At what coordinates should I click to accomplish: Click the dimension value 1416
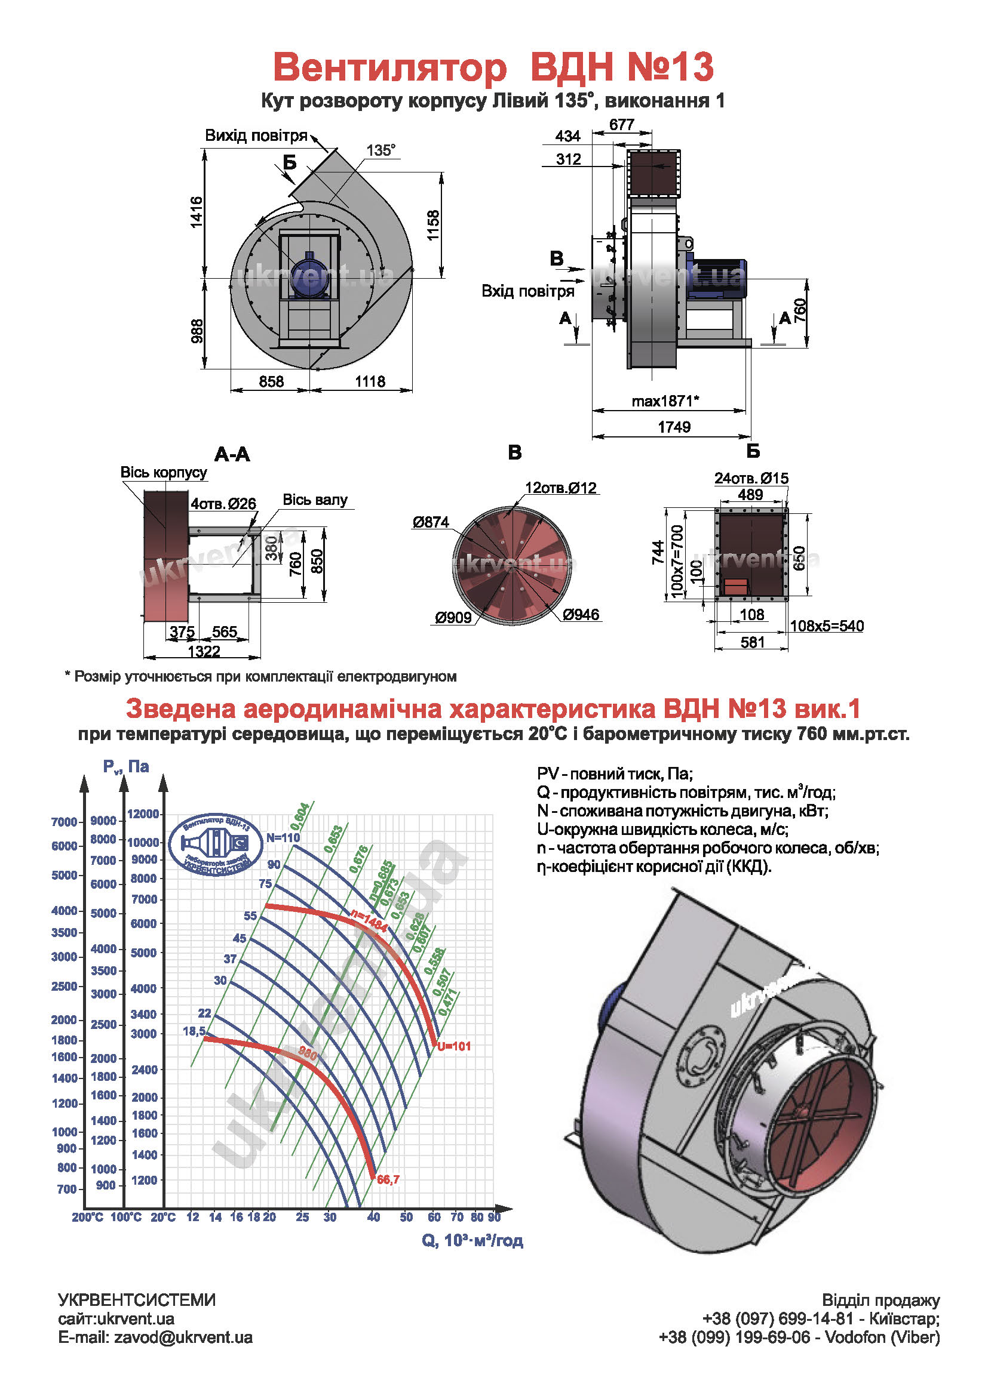point(196,212)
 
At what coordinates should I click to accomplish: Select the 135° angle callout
point(381,150)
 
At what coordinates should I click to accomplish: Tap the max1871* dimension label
point(665,401)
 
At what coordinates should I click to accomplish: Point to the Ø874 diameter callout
point(430,522)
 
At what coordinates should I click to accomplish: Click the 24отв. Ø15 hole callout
point(751,479)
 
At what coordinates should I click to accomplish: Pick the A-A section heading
point(232,454)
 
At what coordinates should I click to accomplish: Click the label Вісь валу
point(315,500)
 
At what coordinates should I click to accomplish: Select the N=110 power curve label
point(283,837)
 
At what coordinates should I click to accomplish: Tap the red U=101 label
point(454,1046)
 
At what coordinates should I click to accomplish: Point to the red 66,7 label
point(388,1179)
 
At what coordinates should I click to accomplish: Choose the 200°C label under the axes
point(88,1217)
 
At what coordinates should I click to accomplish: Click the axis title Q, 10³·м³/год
point(472,1240)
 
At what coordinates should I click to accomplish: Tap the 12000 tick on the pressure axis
point(143,813)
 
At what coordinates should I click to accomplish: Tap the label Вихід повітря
point(256,135)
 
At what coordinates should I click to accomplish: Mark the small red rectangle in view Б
point(735,587)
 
